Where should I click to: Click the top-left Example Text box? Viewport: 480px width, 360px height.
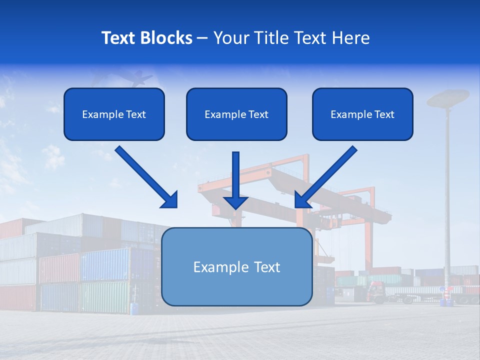point(114,114)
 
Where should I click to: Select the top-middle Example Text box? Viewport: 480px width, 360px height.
point(236,114)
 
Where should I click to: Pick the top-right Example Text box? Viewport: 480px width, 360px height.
point(362,114)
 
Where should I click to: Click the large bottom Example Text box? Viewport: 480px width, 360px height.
point(236,267)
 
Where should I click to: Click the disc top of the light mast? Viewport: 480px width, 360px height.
point(448,97)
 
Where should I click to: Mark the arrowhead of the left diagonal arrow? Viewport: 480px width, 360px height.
point(170,200)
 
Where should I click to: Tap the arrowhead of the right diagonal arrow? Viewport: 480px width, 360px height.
point(302,200)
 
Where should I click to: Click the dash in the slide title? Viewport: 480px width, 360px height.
point(202,38)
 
